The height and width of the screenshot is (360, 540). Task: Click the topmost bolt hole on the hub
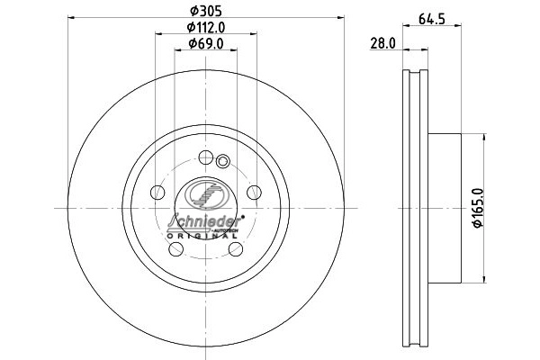click(207, 156)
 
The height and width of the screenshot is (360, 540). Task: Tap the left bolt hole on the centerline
click(157, 192)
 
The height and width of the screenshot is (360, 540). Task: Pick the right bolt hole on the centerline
click(255, 192)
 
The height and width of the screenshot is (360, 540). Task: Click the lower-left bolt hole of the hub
click(176, 249)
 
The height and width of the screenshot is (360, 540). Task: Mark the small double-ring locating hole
click(225, 162)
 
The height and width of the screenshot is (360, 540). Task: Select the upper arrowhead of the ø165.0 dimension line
click(486, 137)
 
